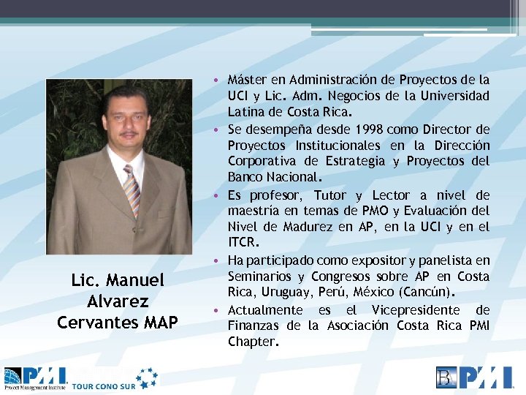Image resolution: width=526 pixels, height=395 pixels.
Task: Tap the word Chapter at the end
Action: coord(253,342)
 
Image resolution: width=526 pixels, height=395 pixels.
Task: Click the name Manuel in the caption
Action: coord(138,280)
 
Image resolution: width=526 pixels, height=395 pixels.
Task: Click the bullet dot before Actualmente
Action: coord(218,310)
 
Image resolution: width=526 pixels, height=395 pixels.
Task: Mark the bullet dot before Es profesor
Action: coord(218,195)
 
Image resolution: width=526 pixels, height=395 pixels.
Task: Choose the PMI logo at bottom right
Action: coord(476,377)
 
